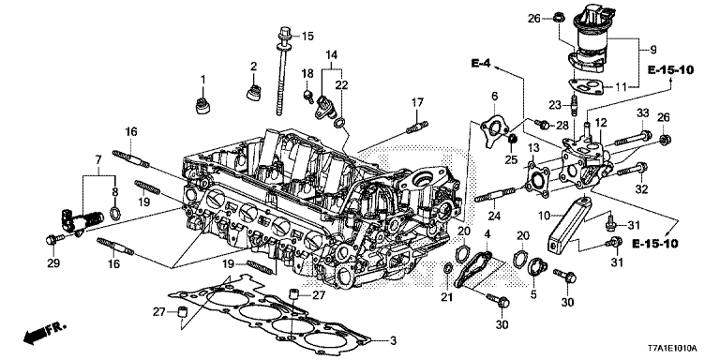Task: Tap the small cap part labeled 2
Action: click(252, 91)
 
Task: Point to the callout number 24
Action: click(494, 217)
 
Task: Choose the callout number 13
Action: click(532, 150)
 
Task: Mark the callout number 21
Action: click(445, 297)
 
